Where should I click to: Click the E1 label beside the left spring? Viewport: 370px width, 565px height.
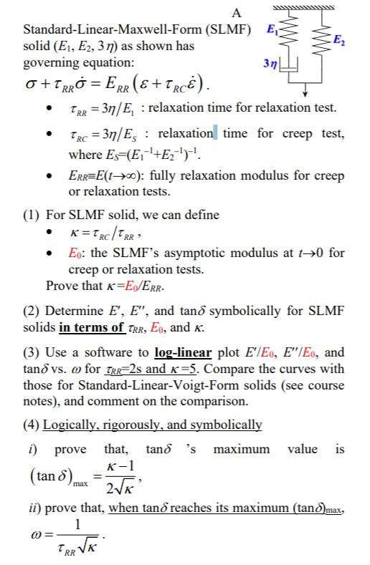click(271, 30)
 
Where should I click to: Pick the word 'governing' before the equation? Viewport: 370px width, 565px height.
click(49, 62)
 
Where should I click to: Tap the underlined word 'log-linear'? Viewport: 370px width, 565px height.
click(183, 352)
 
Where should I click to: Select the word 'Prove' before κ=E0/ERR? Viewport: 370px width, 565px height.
click(61, 285)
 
